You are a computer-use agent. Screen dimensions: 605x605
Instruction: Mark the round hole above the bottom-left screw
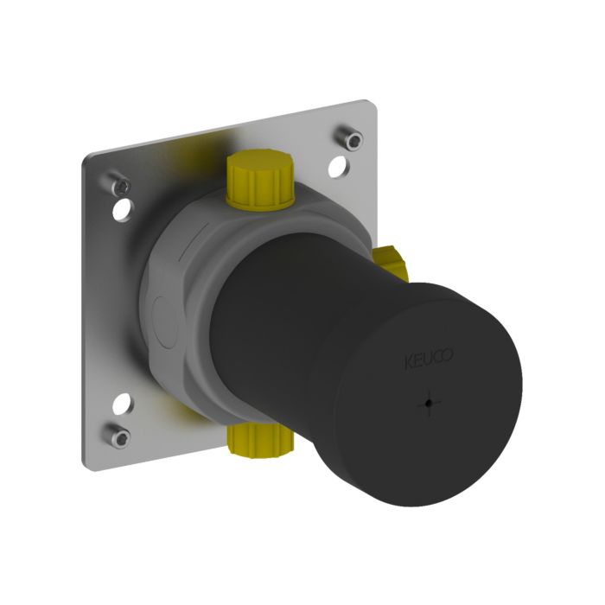click(123, 403)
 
